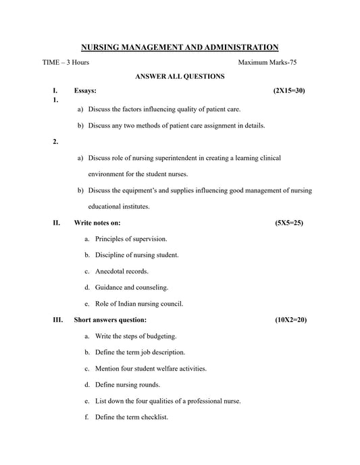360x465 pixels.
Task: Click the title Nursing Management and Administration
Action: coord(180,47)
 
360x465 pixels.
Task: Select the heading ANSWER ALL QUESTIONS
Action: coord(180,77)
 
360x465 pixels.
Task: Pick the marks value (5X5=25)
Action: coord(289,222)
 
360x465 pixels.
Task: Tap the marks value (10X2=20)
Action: coord(290,319)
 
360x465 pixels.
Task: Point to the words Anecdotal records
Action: coord(122,271)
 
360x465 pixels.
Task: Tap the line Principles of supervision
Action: coord(131,239)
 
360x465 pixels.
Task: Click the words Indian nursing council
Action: coord(153,304)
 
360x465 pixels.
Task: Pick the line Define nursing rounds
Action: coord(128,385)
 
